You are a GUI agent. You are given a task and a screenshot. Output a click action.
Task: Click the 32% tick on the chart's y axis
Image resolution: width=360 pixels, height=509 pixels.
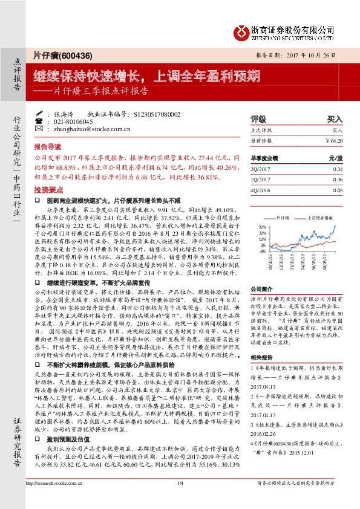(263, 225)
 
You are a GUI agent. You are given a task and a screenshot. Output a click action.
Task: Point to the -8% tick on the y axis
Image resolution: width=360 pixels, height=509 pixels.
(263, 251)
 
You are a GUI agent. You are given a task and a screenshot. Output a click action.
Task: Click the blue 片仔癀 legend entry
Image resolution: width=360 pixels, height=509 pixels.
(283, 216)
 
